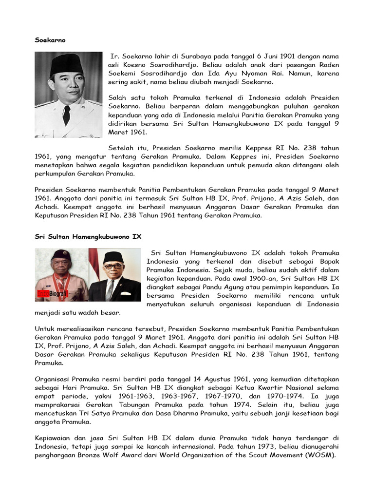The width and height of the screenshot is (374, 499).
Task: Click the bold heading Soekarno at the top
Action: click(x=50, y=40)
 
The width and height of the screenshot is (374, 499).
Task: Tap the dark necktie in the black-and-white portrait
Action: click(x=67, y=115)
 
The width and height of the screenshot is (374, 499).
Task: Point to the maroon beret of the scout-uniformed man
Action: click(x=60, y=254)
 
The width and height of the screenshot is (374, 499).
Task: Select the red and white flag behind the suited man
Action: click(x=93, y=263)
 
